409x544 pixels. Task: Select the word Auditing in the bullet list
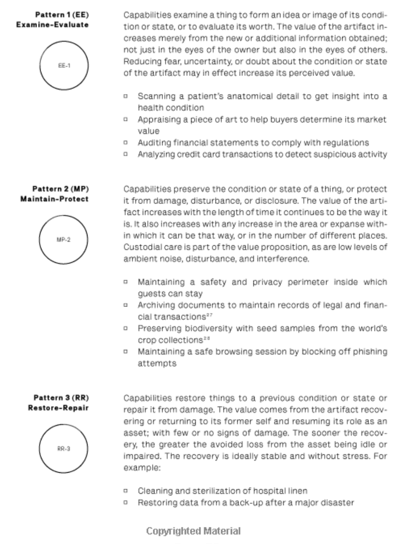152,143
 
